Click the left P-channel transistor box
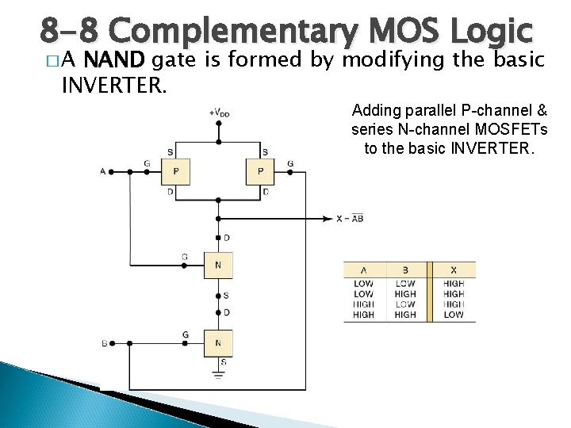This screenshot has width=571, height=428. [174, 170]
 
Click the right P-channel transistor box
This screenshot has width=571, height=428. [259, 170]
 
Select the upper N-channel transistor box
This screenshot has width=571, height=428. [217, 264]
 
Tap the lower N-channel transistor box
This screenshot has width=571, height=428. [217, 342]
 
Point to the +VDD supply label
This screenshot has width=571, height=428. [220, 113]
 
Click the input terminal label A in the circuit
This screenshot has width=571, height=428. [103, 170]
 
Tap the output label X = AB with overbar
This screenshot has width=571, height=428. [349, 219]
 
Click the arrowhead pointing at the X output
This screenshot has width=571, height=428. [329, 219]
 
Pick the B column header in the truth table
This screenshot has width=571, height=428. [405, 269]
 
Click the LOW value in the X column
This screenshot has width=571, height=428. [454, 315]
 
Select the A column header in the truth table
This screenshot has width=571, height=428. [363, 269]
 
